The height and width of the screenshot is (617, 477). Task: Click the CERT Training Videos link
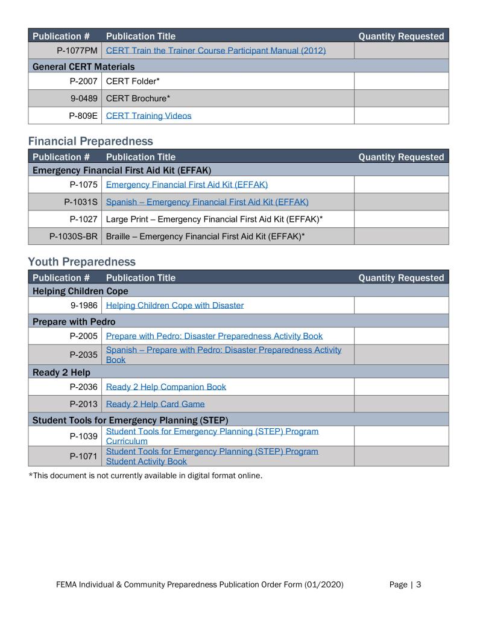148,116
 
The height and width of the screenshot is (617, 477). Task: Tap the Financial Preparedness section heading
90,141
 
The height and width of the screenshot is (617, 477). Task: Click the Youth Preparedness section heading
81,262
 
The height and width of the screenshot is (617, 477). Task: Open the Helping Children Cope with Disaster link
175,305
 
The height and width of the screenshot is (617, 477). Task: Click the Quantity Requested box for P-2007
401,81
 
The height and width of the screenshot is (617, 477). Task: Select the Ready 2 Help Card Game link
155,404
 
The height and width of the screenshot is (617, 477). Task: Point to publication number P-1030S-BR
74,236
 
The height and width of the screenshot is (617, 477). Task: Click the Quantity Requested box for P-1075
401,185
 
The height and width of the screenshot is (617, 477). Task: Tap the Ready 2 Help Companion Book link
166,387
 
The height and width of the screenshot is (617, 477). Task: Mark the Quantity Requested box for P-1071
401,456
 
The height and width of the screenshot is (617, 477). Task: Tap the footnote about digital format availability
145,475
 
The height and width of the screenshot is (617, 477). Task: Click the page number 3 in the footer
419,584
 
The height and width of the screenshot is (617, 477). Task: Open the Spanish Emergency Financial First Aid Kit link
207,202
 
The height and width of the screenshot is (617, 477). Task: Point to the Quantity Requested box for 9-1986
401,305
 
